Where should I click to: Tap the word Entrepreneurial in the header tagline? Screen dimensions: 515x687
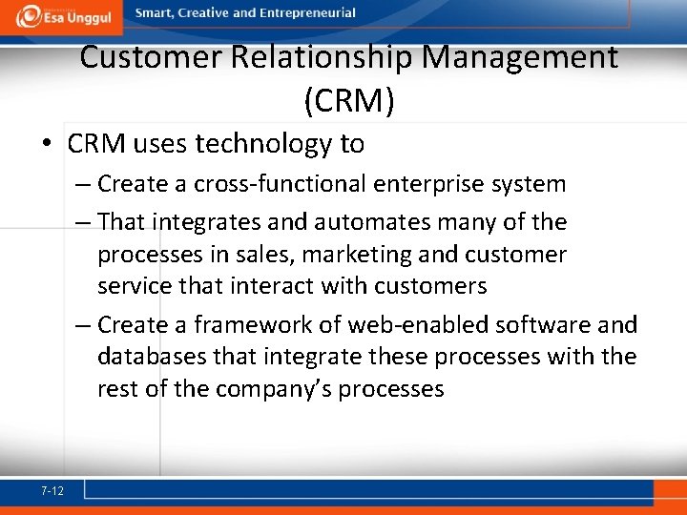(305, 13)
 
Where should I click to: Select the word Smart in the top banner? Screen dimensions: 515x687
(155, 13)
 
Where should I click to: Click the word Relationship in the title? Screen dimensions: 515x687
(322, 57)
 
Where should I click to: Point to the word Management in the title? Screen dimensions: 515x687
(520, 57)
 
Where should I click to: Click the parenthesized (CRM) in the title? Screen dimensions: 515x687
(348, 100)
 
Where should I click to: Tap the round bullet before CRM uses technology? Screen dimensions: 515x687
(47, 145)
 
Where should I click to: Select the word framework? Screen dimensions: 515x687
(253, 325)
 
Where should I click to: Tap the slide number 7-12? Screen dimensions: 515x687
(52, 491)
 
